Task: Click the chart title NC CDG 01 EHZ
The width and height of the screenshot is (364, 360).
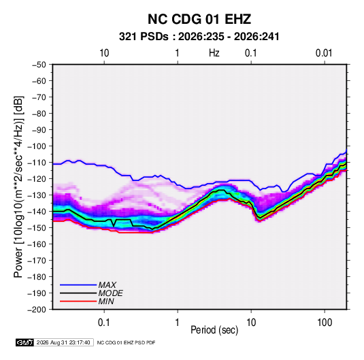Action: (x=199, y=19)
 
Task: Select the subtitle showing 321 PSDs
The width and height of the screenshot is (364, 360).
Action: (x=199, y=37)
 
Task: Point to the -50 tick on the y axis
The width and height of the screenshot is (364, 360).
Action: (x=39, y=65)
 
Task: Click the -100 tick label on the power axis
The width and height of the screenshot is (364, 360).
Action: (x=37, y=146)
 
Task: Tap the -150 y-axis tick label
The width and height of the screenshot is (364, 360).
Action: (x=37, y=228)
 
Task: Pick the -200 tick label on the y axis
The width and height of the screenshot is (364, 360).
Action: (x=37, y=310)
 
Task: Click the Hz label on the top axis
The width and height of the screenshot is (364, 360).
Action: (x=214, y=53)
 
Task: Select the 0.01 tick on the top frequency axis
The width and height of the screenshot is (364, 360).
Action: (x=324, y=53)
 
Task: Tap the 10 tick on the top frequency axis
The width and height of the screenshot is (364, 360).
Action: (x=104, y=53)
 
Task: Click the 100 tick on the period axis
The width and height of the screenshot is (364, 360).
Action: (x=325, y=323)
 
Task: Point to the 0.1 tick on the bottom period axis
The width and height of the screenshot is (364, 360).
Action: (x=104, y=323)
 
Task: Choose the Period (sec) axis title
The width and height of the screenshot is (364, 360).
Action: (x=214, y=330)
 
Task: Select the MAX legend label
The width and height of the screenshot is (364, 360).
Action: (x=107, y=285)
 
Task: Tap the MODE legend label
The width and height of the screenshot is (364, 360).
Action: (x=110, y=293)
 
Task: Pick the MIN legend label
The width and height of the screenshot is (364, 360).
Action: (x=106, y=301)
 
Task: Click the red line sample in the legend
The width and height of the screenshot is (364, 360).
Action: (x=78, y=301)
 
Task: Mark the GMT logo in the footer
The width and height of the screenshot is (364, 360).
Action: (x=24, y=342)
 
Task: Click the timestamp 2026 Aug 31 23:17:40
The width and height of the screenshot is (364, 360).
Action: (x=63, y=342)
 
